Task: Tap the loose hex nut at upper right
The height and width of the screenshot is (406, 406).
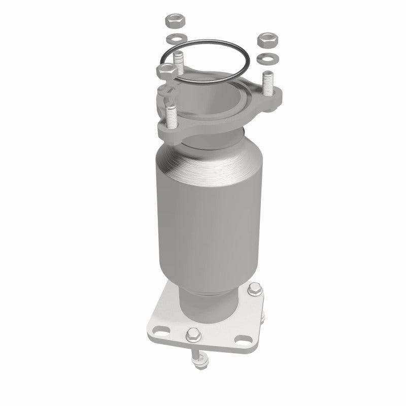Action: pos(265,39)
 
